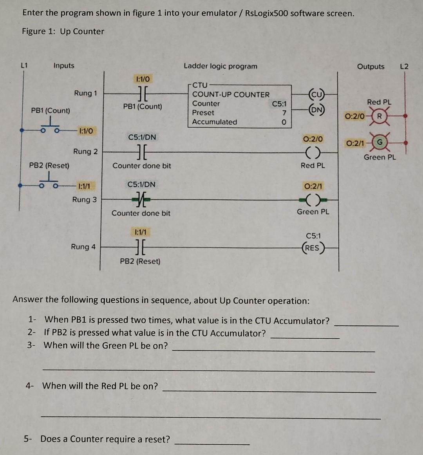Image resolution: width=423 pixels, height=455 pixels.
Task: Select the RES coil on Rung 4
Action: (x=313, y=248)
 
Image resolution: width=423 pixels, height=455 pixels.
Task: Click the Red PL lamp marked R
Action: (x=379, y=116)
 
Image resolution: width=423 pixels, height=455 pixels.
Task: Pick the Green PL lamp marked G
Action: (x=379, y=143)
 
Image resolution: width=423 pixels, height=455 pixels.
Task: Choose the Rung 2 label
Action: (x=85, y=152)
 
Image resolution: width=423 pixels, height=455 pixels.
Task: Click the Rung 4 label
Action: (x=83, y=247)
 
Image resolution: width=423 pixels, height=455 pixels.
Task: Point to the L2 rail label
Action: (x=404, y=66)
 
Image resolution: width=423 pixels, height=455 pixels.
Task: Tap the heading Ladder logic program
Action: (x=221, y=66)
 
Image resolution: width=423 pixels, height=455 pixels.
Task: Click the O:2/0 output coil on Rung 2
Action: (x=313, y=152)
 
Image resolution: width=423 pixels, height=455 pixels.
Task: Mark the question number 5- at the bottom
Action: (x=28, y=439)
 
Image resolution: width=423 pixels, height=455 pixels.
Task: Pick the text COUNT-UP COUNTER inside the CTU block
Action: (x=231, y=94)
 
